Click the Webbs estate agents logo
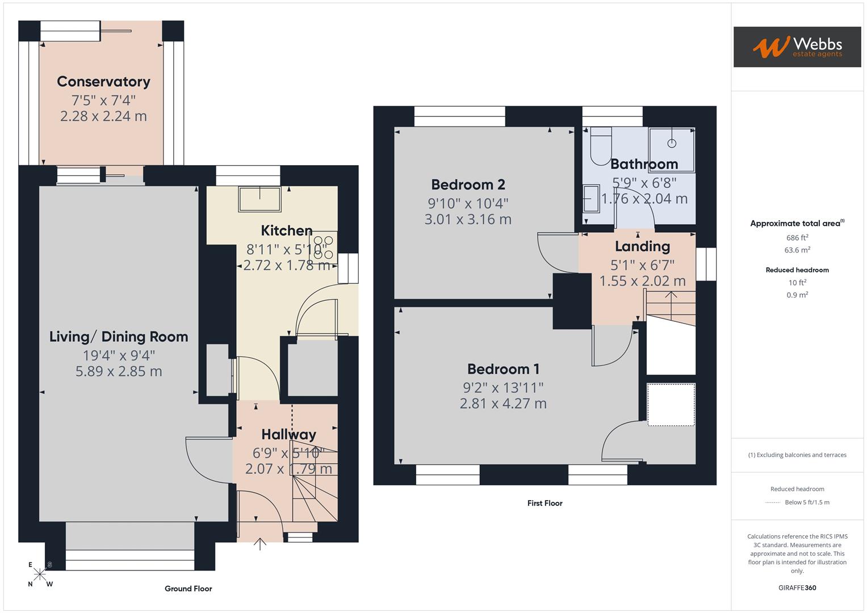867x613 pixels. coord(797,47)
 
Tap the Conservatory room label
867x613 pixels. coord(103,82)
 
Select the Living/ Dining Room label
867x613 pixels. coord(119,337)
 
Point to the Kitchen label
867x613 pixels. coord(287,230)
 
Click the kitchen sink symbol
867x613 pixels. coord(260,199)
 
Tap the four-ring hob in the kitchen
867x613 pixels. coord(324,247)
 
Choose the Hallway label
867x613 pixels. coord(288,435)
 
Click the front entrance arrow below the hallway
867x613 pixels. coord(259,544)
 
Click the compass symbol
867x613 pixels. coord(40,574)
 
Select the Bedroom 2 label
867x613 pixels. coord(468,184)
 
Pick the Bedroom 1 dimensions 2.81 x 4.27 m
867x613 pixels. coord(503,404)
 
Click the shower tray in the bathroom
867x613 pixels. coord(672,149)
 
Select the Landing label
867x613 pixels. coord(642,246)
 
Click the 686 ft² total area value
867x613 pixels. coord(797,238)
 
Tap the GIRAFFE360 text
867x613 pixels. coord(797,587)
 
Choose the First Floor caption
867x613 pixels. coord(545,503)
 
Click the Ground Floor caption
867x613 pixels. coord(188,589)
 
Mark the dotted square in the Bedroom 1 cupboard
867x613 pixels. coord(671,405)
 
